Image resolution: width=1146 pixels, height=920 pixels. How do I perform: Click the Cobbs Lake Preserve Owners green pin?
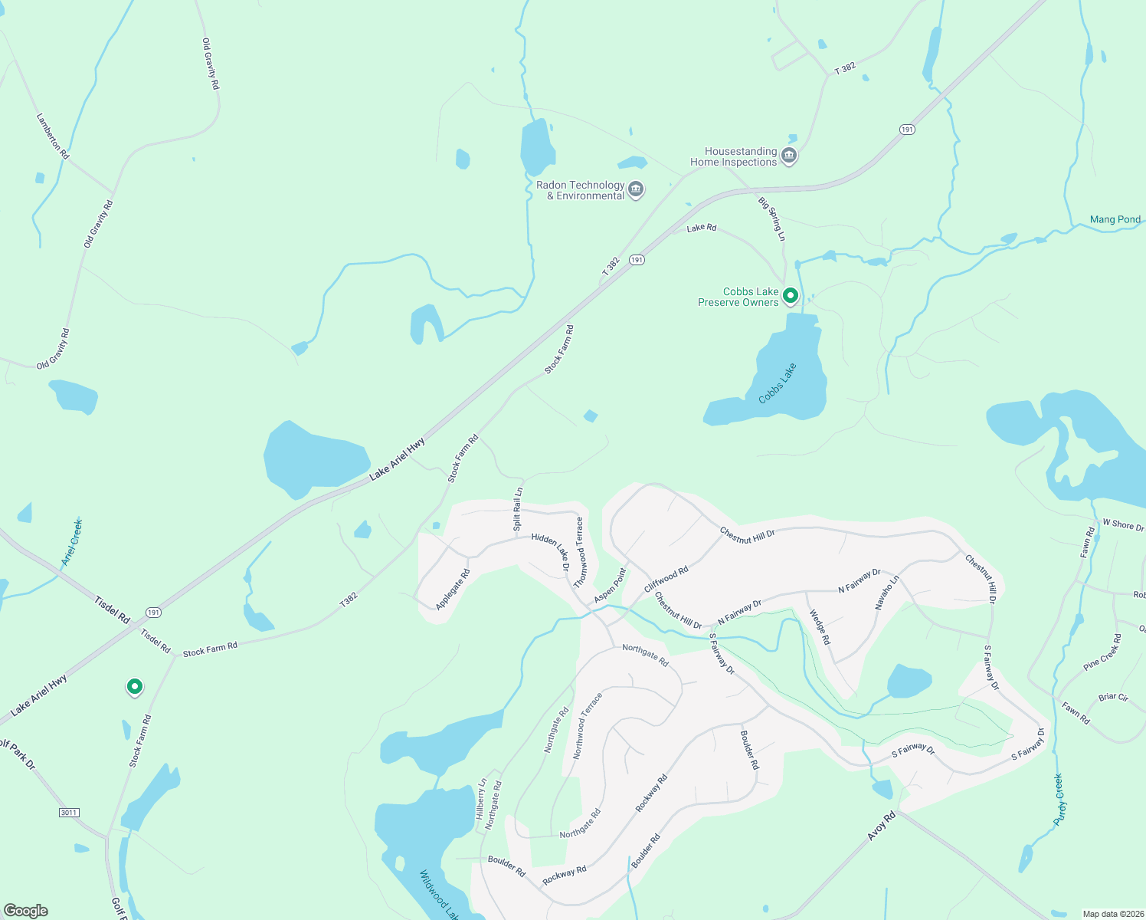(790, 295)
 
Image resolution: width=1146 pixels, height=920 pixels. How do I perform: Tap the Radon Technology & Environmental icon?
(635, 189)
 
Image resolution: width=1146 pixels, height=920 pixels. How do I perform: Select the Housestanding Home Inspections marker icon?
(789, 156)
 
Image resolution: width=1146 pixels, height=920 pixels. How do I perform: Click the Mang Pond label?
(1115, 219)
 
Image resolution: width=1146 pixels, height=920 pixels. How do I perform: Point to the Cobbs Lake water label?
(777, 384)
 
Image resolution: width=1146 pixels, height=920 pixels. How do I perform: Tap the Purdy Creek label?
(1059, 799)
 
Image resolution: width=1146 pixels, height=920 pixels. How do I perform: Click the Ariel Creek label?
(72, 542)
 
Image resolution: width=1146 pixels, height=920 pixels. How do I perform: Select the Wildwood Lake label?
(439, 894)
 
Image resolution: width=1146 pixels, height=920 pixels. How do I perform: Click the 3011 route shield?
(69, 812)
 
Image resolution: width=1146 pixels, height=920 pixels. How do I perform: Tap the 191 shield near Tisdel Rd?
(154, 612)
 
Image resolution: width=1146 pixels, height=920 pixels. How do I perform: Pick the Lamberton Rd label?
(52, 136)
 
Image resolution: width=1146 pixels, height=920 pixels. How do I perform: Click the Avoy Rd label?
(881, 827)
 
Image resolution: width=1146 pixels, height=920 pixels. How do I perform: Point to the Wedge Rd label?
(819, 626)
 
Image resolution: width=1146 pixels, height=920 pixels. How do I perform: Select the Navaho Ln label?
(887, 591)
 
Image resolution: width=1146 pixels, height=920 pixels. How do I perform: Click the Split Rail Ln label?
(518, 510)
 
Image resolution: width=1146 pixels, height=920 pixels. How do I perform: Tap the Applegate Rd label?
(453, 590)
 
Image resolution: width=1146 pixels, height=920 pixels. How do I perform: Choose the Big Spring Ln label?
(771, 219)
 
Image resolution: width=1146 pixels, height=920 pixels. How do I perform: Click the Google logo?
(26, 911)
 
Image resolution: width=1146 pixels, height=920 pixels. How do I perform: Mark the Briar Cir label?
(1112, 698)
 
